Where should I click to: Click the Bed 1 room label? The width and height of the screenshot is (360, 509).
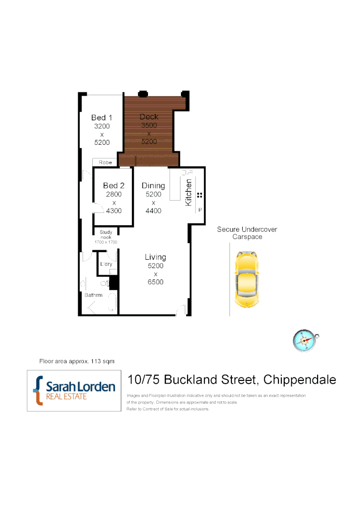102,117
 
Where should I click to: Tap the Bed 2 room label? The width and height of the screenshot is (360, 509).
114,186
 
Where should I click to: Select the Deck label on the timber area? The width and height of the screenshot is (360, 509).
149,116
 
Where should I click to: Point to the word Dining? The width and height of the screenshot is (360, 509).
153,186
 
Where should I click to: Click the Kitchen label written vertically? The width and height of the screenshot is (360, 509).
188,192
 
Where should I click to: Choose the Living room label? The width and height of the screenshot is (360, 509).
155,257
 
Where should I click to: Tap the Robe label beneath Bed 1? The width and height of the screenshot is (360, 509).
105,163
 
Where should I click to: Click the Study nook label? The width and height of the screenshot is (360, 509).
106,234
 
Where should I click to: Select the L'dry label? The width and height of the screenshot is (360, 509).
106,264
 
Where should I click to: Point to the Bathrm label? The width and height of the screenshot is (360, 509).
93,295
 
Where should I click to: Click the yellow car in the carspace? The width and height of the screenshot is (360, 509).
247,279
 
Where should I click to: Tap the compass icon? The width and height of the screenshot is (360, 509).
304,340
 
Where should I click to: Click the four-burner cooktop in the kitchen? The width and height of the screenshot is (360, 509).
200,195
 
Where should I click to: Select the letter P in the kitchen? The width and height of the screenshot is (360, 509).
200,210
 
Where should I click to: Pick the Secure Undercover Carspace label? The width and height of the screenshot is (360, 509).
247,233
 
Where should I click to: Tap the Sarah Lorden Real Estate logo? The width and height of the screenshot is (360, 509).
74,391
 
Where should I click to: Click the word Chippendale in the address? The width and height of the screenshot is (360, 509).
299,379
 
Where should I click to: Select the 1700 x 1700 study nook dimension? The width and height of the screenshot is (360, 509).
106,242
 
